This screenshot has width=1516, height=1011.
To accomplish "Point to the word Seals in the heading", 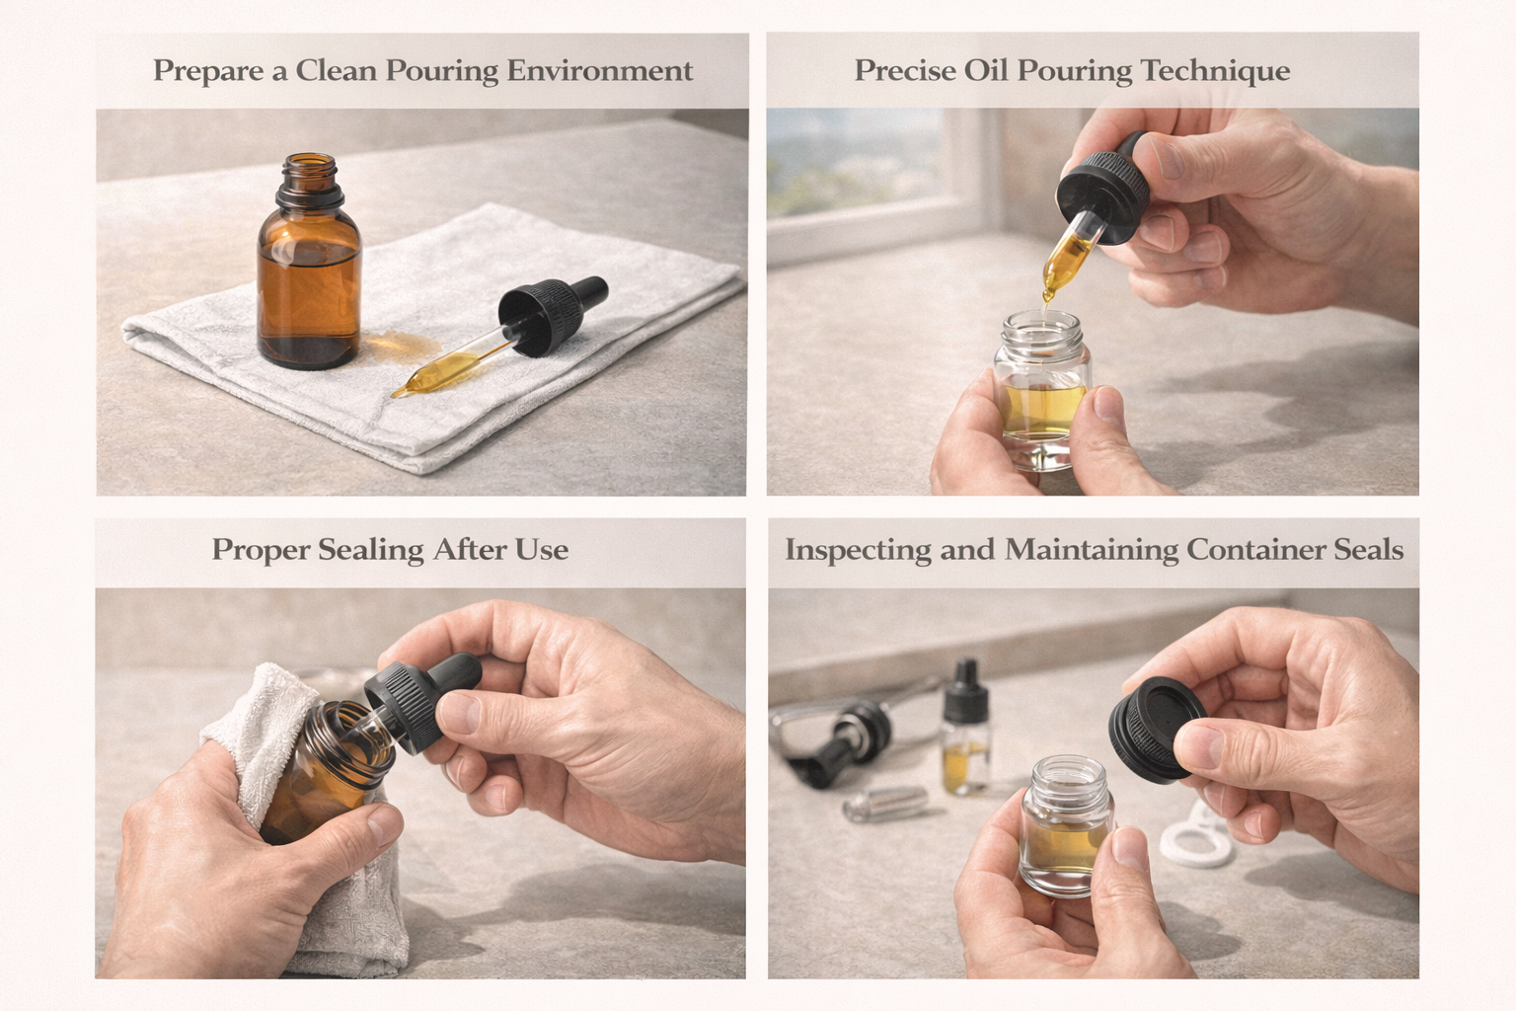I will pos(1368,549).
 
